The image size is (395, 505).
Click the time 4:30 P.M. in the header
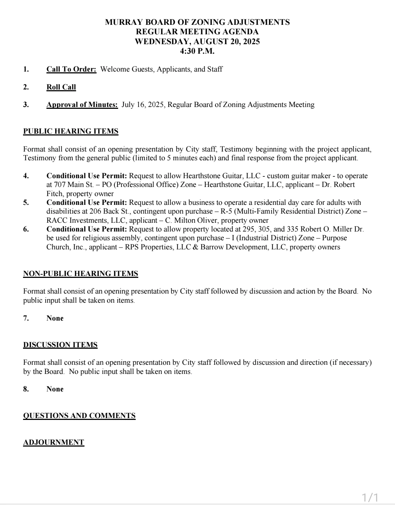tap(197, 51)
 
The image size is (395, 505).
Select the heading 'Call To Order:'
tap(71, 69)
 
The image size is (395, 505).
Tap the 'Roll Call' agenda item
tap(61, 87)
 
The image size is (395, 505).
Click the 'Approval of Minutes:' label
tap(82, 105)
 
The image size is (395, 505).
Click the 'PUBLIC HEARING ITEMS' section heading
tap(71, 131)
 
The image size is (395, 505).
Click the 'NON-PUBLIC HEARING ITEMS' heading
tap(80, 274)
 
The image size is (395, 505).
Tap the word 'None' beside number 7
tap(55, 318)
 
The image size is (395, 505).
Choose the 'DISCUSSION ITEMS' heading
tap(60, 345)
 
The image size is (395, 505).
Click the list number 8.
tap(26, 389)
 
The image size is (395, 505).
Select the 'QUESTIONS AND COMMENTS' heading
tap(79, 416)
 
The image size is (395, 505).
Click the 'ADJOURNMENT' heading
tap(54, 443)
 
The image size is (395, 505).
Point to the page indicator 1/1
tap(370, 497)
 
